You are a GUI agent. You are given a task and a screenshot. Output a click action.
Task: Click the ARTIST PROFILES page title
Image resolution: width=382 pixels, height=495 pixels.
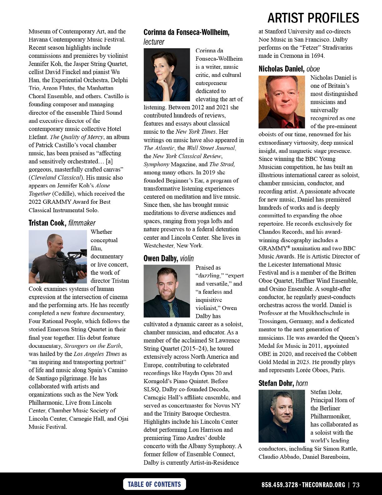point(313,18)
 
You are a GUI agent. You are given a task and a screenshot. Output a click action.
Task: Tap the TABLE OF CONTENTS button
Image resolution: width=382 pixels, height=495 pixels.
point(154,484)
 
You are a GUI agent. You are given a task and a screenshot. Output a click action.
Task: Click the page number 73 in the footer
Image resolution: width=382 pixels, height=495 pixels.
point(356,485)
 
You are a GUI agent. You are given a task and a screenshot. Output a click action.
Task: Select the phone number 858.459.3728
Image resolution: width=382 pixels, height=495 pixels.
point(280,485)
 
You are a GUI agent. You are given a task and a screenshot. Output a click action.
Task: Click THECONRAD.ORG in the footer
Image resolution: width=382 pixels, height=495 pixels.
point(324,485)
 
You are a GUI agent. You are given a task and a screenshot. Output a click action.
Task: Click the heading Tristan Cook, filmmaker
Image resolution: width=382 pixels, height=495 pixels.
point(62,223)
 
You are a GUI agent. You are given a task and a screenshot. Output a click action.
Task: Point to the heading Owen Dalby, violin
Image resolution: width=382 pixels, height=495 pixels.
point(169,258)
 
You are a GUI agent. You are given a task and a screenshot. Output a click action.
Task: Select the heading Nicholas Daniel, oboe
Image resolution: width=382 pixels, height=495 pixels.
point(289,69)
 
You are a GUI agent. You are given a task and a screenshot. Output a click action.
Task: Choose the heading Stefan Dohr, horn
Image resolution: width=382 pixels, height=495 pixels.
point(283,383)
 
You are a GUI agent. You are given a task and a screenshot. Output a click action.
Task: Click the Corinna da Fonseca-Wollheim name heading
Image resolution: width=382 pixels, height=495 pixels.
point(186,32)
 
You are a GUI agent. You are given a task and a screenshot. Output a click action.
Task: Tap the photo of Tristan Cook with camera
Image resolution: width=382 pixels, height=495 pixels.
point(57,257)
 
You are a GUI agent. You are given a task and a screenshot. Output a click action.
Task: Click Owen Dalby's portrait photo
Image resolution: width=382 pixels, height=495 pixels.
point(167,291)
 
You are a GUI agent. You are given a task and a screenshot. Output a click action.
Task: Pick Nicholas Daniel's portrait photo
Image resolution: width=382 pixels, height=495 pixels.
point(282,102)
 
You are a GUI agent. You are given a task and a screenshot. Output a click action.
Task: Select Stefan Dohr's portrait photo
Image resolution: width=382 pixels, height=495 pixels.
point(282,416)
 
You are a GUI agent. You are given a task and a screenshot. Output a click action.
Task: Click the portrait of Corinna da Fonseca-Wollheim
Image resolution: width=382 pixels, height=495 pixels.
point(167,75)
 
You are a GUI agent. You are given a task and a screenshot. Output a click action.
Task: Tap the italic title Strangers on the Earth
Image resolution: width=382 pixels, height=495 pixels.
point(93,346)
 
